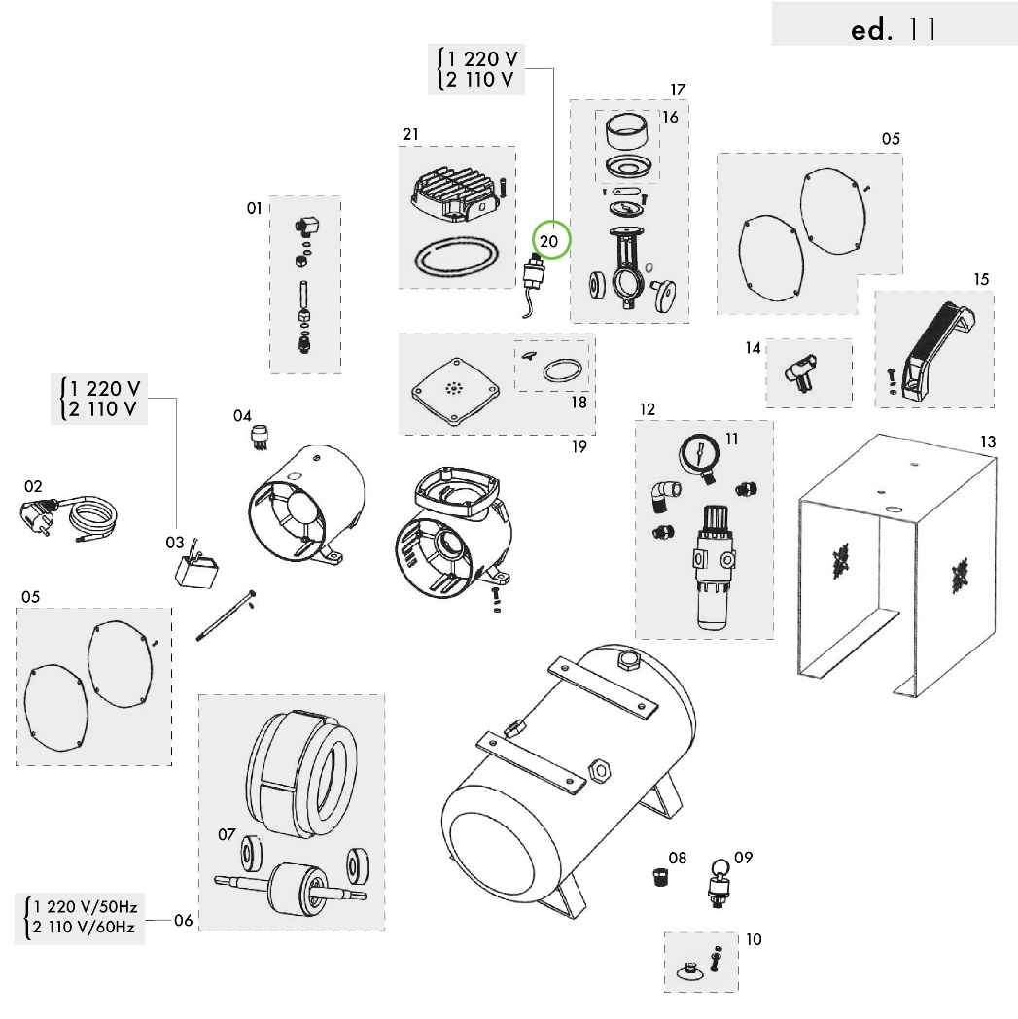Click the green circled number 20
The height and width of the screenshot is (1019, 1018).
550,240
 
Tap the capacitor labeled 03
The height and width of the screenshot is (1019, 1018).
194,572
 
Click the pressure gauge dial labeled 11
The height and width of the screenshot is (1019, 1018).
700,455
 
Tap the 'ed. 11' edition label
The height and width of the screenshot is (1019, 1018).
894,29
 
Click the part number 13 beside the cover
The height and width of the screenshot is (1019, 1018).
987,441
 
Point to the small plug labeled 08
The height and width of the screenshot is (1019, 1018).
660,878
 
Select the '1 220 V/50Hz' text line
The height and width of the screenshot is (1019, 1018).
85,906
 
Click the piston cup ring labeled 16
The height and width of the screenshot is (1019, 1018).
627,129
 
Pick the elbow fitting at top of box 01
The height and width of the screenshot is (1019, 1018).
308,228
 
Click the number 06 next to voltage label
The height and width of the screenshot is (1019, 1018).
184,921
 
